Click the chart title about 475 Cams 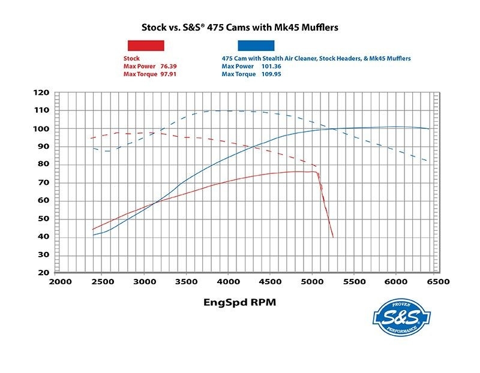tap(240, 28)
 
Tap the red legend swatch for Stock tap(145, 45)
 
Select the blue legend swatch tap(256, 45)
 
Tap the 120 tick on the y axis tap(41, 93)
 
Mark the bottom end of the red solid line tap(332, 237)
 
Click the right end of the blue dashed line tap(427, 161)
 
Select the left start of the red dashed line tap(91, 139)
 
